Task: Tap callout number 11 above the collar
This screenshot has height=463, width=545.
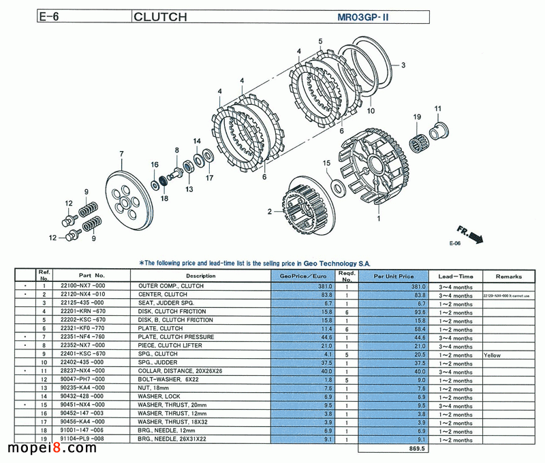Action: click(x=438, y=109)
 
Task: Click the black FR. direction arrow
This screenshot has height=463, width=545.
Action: click(x=476, y=236)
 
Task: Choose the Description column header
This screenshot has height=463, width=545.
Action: click(x=200, y=276)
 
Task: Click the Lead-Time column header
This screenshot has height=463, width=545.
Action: click(x=455, y=276)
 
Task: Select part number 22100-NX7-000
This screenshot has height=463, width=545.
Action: click(x=82, y=287)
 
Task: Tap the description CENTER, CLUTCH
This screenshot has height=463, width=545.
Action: click(x=162, y=295)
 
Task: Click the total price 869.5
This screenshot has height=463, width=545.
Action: click(x=416, y=449)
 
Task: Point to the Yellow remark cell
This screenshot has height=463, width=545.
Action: click(x=493, y=355)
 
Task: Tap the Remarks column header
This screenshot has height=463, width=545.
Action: click(x=508, y=276)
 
